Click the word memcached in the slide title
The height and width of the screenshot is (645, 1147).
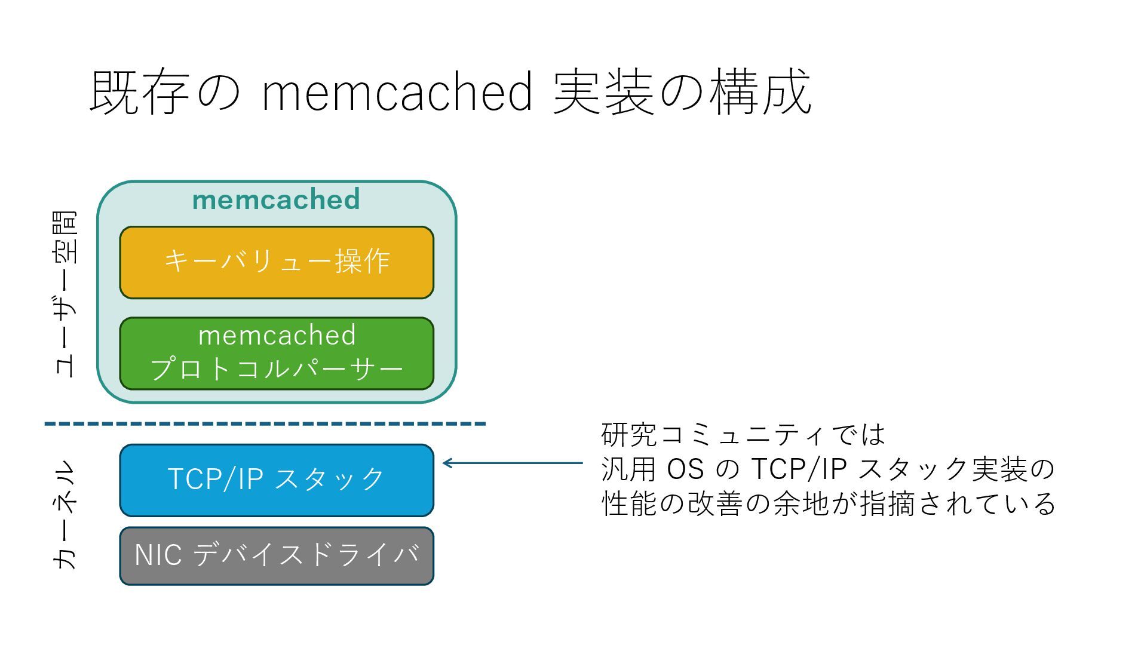pos(397,93)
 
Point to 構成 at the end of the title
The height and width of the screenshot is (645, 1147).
pos(760,93)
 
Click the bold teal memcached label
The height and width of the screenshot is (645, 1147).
pos(276,199)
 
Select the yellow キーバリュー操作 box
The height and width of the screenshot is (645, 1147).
pos(277,263)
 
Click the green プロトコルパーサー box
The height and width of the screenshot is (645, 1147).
pos(277,354)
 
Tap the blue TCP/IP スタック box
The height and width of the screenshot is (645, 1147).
pos(277,480)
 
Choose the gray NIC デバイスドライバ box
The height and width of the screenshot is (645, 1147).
pos(277,556)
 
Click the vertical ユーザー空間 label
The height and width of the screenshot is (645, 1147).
pos(66,294)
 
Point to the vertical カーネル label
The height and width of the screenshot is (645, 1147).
pos(66,515)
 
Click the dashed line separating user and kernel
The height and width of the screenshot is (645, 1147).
pos(265,424)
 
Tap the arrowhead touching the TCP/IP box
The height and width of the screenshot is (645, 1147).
pos(446,463)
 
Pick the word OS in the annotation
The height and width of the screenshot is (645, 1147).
pos(685,469)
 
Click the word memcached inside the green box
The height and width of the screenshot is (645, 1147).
pos(277,335)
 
